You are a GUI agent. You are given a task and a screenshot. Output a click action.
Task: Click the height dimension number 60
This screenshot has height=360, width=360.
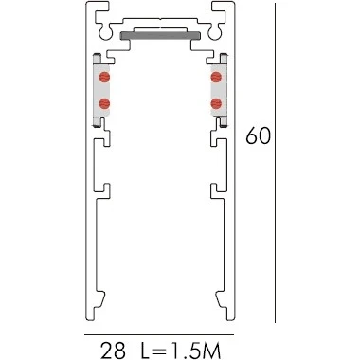259,135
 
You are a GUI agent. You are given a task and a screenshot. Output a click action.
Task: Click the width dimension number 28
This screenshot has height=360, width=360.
113,351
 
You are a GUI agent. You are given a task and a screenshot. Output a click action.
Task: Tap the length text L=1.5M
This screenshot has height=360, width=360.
180,351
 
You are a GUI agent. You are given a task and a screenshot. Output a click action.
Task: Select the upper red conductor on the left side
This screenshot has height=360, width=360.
104,77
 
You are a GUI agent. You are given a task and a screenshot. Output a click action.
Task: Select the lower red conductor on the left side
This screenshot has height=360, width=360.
104,103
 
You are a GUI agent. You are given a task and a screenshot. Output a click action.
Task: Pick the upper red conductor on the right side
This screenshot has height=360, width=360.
216,77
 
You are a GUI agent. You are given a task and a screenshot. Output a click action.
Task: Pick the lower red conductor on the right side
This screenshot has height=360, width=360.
216,103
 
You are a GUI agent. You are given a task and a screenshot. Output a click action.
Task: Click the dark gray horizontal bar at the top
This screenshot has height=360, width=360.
160,35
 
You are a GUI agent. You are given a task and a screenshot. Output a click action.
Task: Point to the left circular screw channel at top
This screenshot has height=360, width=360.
106,32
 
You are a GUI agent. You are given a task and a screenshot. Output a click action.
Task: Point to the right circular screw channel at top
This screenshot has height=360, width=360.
214,32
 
